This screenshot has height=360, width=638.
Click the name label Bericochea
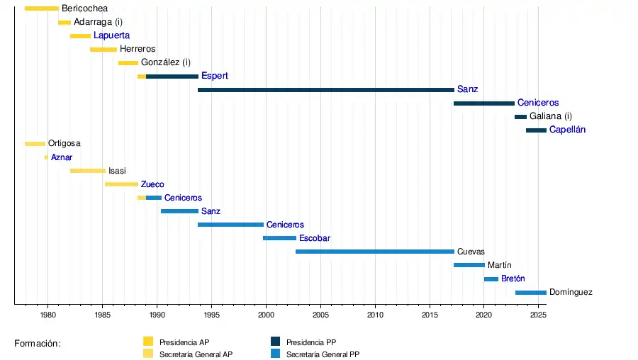[x=84, y=9]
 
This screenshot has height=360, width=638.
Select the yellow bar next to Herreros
[x=103, y=49]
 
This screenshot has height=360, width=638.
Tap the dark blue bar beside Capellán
[x=536, y=130]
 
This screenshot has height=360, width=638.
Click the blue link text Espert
[x=214, y=76]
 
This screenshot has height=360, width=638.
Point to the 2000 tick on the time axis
[x=266, y=314]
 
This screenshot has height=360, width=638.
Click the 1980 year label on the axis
[x=47, y=314]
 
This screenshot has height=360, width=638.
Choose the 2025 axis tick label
[x=538, y=314]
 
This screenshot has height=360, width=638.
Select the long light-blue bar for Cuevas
[x=374, y=252]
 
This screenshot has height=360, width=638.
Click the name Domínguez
[x=571, y=292]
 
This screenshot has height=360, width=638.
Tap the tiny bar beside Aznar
[x=46, y=157]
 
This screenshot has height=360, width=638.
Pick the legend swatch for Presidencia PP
[x=276, y=341]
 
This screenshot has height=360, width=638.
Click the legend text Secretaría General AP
[x=196, y=354]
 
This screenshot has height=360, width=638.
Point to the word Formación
[x=38, y=344]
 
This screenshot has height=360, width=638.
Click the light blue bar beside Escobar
[x=279, y=238]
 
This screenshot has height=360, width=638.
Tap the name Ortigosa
[x=64, y=143]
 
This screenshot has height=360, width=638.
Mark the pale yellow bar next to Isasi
[x=88, y=171]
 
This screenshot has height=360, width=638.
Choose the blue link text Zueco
[x=152, y=184]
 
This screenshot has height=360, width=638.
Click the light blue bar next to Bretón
[x=491, y=279]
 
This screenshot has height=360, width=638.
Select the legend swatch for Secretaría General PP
[x=276, y=353]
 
